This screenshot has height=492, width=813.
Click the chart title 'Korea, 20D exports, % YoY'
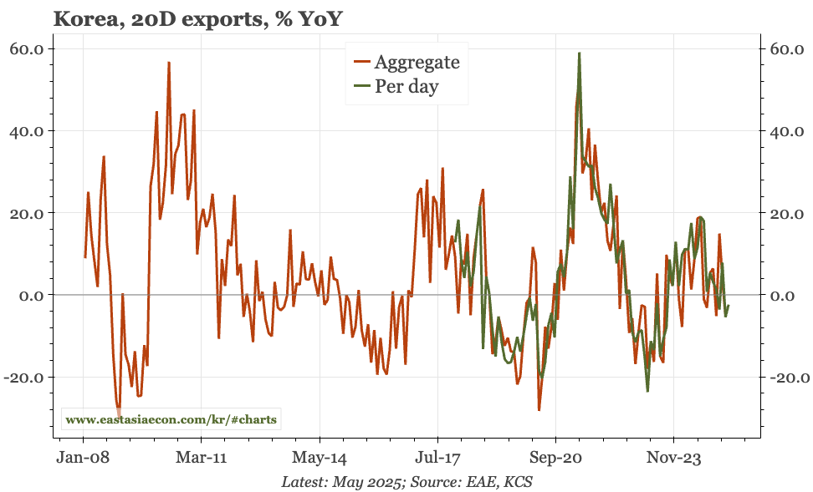click(198, 18)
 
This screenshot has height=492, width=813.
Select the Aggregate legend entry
click(406, 61)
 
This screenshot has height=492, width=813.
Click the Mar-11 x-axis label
click(202, 458)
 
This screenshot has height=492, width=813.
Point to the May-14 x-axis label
click(320, 458)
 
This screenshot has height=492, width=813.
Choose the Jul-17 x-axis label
click(437, 458)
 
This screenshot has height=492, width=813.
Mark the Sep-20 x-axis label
click(555, 458)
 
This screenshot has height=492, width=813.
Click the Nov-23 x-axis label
click(673, 458)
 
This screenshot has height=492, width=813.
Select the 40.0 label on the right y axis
click(787, 131)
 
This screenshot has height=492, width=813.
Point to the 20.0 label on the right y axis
click(787, 213)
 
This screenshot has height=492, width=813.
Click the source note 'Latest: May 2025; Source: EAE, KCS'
click(406, 481)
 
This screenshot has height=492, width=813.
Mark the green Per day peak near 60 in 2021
click(579, 53)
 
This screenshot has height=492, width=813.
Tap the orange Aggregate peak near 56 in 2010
click(169, 63)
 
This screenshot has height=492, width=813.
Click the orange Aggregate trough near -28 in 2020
click(539, 409)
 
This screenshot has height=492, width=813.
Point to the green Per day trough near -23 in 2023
click(647, 390)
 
